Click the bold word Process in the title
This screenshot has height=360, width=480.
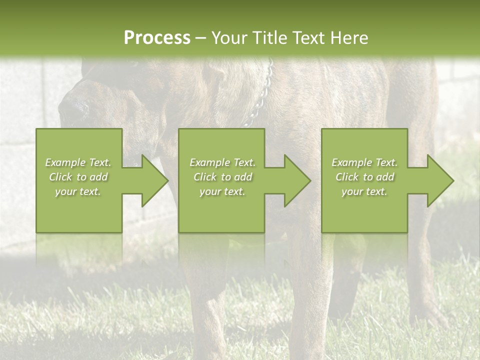point(157,38)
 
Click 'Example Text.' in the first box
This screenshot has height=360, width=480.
point(78,162)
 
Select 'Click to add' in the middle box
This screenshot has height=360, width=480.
point(222,177)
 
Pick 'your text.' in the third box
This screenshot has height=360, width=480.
point(364,191)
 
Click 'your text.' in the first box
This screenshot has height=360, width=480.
point(78,191)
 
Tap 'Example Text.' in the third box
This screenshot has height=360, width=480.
point(364,162)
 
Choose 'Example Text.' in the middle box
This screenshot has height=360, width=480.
point(222,162)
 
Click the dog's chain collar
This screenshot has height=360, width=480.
point(260,100)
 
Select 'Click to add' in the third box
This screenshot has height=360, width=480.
point(364,177)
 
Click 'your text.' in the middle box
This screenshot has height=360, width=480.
point(222,191)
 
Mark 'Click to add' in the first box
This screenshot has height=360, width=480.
point(78,177)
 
